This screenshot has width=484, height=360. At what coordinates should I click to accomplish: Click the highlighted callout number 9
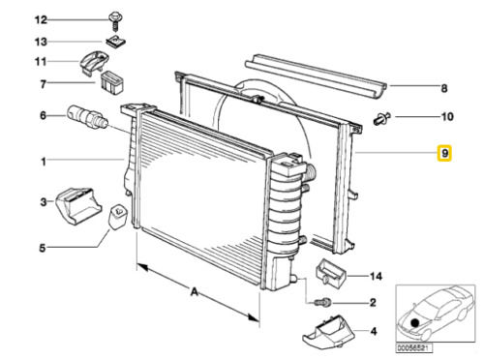[444, 153]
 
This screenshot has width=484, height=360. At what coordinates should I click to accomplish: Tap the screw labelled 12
[114, 21]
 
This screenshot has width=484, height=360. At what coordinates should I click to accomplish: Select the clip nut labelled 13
[115, 42]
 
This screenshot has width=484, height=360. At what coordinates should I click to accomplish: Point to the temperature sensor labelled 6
[87, 117]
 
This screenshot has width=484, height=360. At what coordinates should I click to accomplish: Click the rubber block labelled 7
[112, 82]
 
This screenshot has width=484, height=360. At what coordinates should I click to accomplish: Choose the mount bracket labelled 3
[79, 205]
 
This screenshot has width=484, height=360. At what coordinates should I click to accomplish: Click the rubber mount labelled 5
[117, 217]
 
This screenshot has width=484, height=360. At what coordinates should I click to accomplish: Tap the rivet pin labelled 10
[382, 118]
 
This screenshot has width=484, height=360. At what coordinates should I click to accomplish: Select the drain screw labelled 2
[322, 303]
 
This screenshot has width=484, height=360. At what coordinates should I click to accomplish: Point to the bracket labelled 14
[331, 273]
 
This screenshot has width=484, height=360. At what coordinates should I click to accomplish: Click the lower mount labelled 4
[328, 331]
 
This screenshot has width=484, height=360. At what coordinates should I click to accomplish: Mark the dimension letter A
[194, 292]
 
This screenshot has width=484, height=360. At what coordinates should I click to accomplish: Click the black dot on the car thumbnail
[415, 321]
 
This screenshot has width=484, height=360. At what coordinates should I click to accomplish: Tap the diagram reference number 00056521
[414, 348]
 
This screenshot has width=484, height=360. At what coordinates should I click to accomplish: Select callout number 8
[444, 88]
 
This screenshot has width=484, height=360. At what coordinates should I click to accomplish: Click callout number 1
[44, 162]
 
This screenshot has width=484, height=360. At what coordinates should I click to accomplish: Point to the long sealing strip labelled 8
[316, 76]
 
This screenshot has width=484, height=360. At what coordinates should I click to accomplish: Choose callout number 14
[376, 276]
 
